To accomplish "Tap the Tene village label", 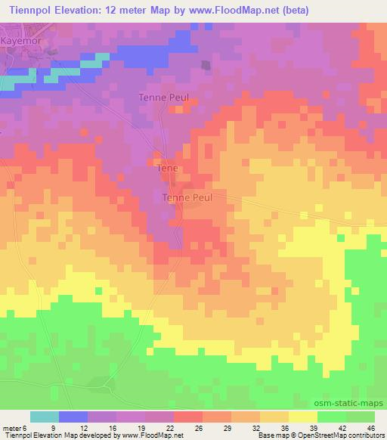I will [x=166, y=170].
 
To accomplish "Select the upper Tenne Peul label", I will [x=163, y=97].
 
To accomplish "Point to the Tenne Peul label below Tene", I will [x=187, y=197].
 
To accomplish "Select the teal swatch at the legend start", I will [x=45, y=417].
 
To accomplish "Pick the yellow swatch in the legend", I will [x=302, y=417].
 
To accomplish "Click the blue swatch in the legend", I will [x=73, y=417].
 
